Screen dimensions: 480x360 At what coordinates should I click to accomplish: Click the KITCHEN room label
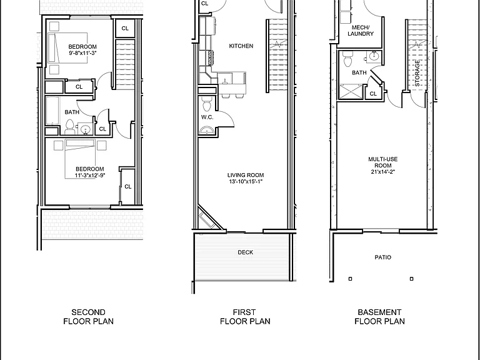point(241,46)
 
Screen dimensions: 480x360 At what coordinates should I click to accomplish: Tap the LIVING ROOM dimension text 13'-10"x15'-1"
point(246,181)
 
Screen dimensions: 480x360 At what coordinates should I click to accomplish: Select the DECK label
point(246,252)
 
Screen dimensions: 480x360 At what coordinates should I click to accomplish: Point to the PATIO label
point(383,257)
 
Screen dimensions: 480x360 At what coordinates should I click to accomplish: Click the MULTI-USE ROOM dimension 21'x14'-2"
point(383,172)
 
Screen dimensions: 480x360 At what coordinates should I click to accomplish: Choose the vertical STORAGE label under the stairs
point(417,73)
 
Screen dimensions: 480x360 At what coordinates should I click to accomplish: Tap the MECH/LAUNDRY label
point(361,31)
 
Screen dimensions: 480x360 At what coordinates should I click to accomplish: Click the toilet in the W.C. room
point(207,104)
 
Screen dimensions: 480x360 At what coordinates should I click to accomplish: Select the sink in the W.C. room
point(208,131)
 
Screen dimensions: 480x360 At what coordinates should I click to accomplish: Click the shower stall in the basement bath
point(351,91)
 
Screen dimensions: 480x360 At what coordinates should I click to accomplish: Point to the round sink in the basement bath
point(374,56)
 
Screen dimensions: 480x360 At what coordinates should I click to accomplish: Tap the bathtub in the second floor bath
point(52,111)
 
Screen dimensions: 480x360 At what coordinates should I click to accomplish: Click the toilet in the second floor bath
point(70,127)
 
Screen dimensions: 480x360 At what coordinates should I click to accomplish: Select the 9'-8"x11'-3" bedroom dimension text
point(82,53)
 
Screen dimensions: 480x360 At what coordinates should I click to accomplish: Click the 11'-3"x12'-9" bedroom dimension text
point(90,176)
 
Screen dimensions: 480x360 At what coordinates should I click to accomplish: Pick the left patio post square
point(350,279)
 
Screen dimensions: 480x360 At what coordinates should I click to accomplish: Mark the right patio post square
point(411,279)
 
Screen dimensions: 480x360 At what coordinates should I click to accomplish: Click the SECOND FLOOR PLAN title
point(89,317)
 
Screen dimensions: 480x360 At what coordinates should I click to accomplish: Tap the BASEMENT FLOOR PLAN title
point(379,317)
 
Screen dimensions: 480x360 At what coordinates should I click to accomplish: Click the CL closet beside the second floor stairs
point(125,29)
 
